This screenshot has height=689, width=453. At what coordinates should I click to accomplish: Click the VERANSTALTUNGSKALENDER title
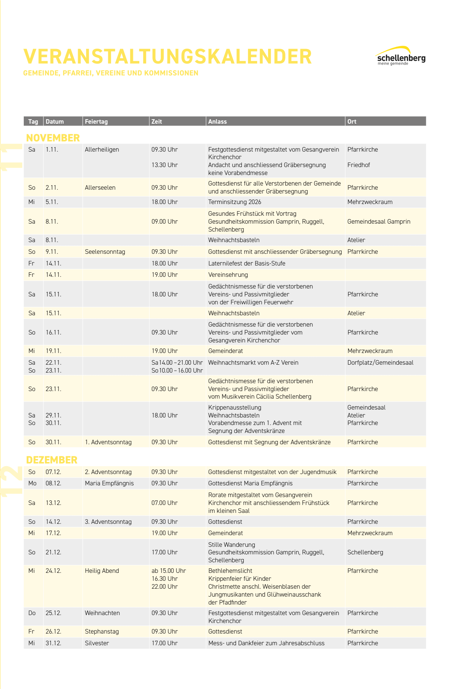click(168, 57)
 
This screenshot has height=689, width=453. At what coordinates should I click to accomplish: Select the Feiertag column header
click(96, 121)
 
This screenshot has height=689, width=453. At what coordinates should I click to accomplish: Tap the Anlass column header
click(217, 121)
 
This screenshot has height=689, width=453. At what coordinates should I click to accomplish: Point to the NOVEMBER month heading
click(53, 138)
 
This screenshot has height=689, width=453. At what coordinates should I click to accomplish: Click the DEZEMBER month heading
click(52, 460)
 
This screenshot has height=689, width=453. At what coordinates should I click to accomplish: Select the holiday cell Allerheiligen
click(102, 150)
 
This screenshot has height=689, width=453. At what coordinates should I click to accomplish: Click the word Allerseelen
click(100, 188)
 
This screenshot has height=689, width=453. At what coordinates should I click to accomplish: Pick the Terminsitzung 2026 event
click(234, 202)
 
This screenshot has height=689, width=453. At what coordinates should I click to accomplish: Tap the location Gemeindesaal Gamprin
click(379, 222)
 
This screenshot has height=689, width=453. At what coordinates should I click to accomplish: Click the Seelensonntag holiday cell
click(105, 252)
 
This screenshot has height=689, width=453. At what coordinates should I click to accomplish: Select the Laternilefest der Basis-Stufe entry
click(247, 264)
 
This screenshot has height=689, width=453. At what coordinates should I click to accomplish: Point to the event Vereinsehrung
click(228, 275)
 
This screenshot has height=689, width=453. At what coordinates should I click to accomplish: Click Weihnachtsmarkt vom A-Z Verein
click(253, 363)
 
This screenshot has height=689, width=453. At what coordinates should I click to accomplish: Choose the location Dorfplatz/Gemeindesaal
click(380, 363)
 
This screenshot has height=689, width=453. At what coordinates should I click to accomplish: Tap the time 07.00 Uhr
click(165, 503)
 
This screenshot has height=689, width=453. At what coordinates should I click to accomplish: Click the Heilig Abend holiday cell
click(102, 571)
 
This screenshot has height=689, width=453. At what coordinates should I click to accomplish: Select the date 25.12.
click(53, 613)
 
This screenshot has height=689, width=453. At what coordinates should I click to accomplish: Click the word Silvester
click(97, 643)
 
